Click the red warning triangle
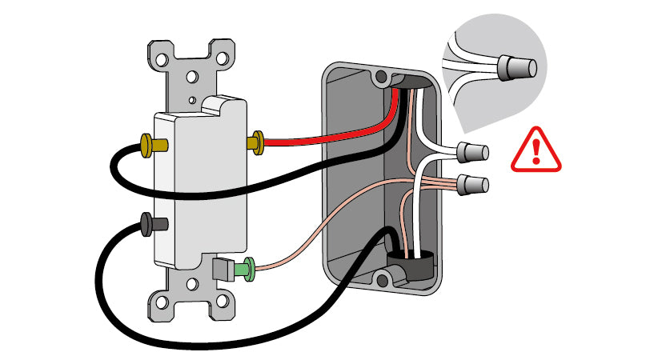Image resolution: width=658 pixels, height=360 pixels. click(x=536, y=152)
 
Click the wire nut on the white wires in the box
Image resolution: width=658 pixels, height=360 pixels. click(x=475, y=150)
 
